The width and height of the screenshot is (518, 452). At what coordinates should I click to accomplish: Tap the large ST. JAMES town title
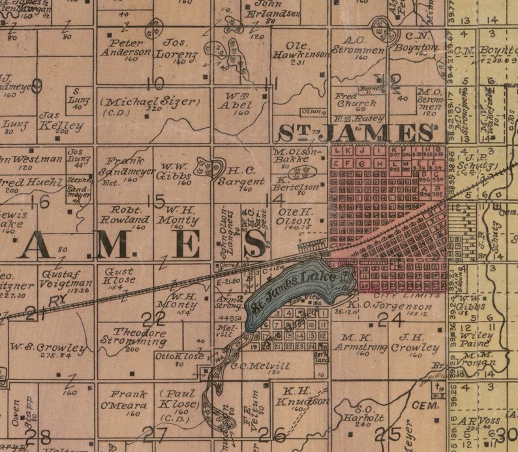pos(356,133)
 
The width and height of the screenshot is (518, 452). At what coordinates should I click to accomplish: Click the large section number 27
pos(155,431)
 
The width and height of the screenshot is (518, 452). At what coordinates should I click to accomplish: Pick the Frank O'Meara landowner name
pos(125,399)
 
